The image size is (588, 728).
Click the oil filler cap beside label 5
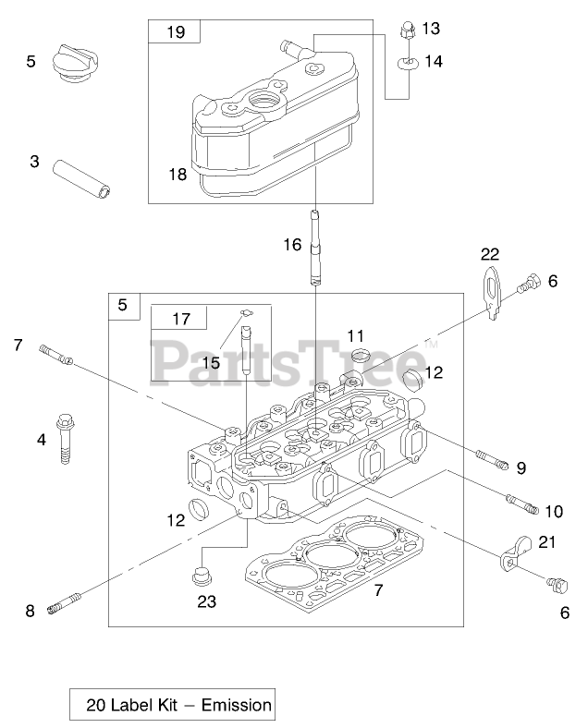74,62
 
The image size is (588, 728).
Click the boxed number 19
176,32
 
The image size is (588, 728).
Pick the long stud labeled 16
315,247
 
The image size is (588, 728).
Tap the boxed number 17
180,319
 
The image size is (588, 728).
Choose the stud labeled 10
522,504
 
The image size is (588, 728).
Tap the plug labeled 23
200,579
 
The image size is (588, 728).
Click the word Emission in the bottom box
239,706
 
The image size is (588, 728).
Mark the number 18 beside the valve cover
177,174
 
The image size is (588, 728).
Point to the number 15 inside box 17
211,362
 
